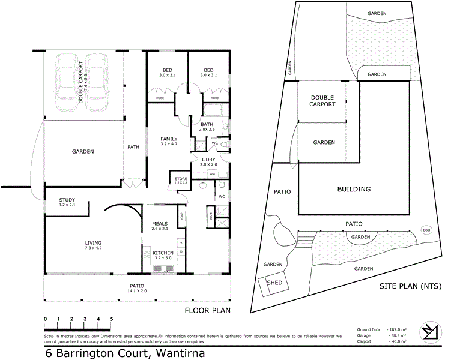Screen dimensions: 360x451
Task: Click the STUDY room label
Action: tap(67, 200)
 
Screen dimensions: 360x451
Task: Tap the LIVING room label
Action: tap(93, 243)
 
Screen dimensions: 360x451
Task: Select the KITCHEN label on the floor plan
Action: tap(163, 253)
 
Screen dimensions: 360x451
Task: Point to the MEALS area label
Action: tap(160, 223)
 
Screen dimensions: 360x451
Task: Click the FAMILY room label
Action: tap(169, 139)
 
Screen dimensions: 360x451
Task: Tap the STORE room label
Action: tap(181, 179)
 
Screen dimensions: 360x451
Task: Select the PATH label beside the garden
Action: tap(133, 146)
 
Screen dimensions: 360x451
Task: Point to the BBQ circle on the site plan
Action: tap(427, 229)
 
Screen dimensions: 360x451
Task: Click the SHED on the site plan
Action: tap(274, 282)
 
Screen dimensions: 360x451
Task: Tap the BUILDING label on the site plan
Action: tap(354, 189)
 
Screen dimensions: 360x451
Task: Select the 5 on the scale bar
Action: tap(111, 319)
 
